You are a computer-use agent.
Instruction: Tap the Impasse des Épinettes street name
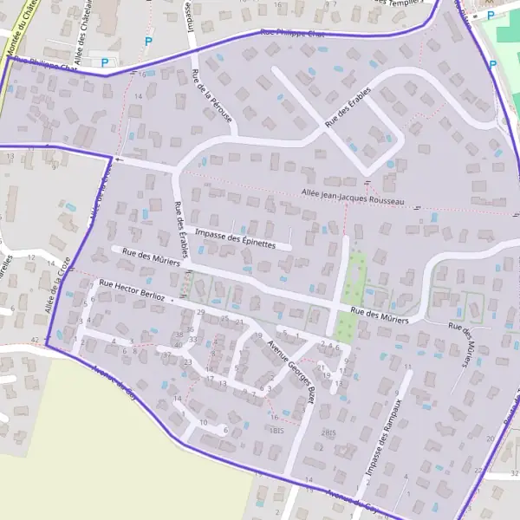coord(236,239)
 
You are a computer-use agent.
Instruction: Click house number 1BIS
coord(276,431)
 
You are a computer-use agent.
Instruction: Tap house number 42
coord(35,339)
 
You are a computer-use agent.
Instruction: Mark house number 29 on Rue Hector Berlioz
coord(201,312)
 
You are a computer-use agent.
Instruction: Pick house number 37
coord(167,354)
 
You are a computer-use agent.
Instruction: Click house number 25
coord(224,319)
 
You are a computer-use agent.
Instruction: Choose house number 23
coord(187,361)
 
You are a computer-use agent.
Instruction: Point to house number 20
coord(490,439)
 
